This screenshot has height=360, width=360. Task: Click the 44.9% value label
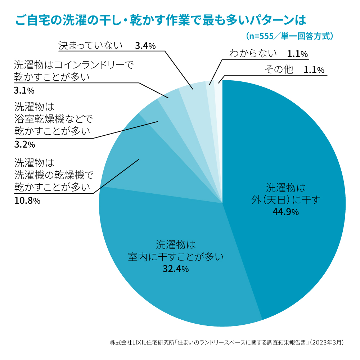tap(285, 212)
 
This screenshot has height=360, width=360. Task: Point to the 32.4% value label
tap(176, 269)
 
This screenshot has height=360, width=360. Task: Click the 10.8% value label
tap(27, 201)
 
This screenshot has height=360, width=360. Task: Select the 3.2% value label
tap(24, 145)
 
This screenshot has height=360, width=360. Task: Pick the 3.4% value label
tap(145, 46)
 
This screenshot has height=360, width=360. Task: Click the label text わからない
tap(253, 54)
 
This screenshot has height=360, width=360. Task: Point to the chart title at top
tap(161, 20)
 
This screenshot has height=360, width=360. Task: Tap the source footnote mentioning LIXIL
tap(227, 342)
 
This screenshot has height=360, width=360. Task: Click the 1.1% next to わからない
tap(297, 54)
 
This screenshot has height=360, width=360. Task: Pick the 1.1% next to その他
tap(314, 70)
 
